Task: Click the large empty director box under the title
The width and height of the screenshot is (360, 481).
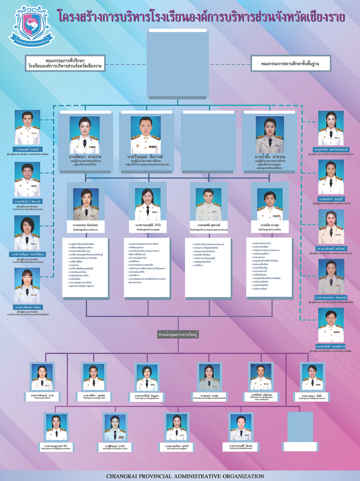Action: click(179, 59)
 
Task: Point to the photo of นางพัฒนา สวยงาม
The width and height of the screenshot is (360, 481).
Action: click(85, 135)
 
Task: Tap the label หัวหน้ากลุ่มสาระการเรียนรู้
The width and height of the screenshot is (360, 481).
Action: click(179, 334)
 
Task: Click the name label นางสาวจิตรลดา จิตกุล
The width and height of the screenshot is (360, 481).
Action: click(28, 307)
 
